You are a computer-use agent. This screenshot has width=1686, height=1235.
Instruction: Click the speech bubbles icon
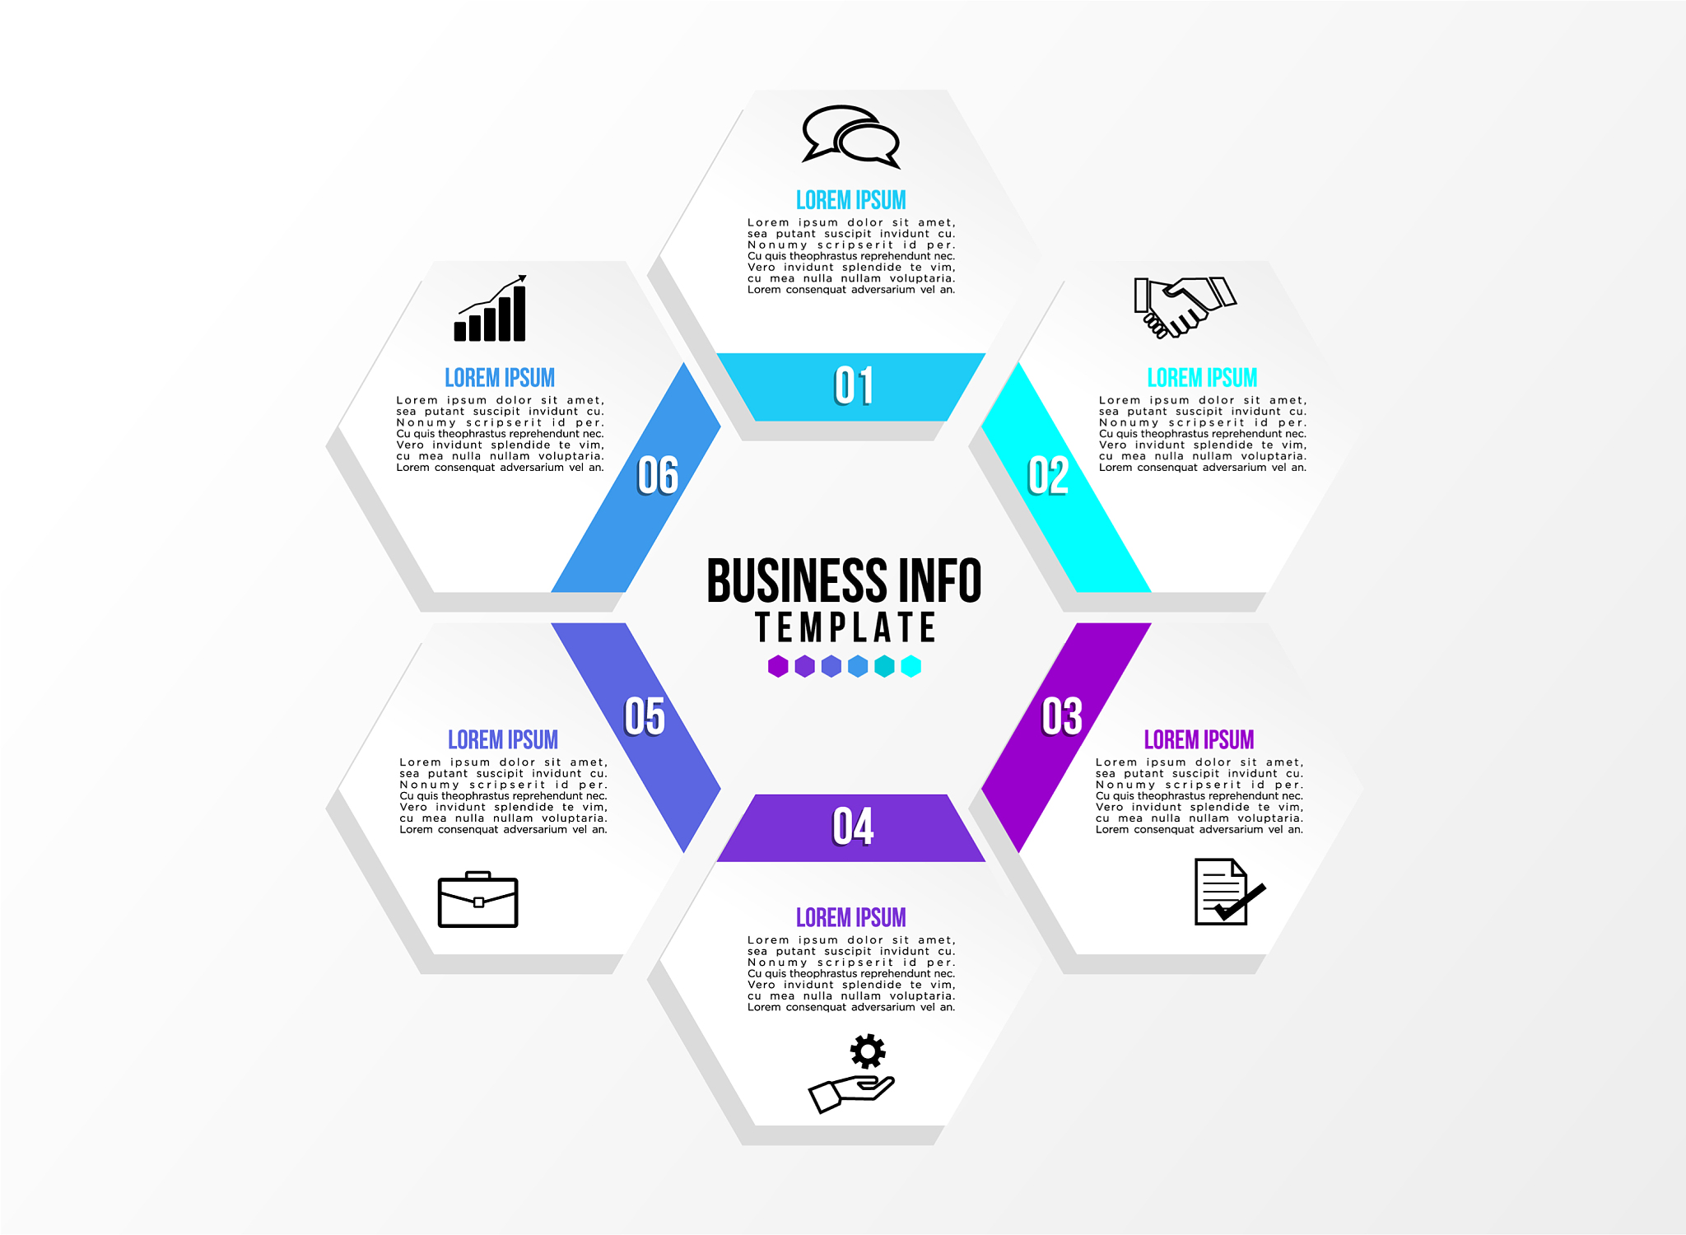[851, 136]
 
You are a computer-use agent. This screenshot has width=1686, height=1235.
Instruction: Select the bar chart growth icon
[491, 310]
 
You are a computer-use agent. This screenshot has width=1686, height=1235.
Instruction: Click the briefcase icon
[477, 900]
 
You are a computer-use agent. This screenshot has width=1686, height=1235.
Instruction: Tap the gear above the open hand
[868, 1051]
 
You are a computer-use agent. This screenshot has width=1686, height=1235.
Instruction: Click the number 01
[853, 386]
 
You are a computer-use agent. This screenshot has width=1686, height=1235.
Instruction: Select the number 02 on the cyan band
[1048, 476]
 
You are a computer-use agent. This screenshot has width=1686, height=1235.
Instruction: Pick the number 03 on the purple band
[1062, 716]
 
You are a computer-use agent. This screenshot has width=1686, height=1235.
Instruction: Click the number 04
[853, 827]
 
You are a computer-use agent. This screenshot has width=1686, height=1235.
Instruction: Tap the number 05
[645, 716]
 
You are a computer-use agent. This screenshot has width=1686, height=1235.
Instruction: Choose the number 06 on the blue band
[658, 476]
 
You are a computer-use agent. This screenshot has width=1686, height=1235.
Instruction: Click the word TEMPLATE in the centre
[845, 627]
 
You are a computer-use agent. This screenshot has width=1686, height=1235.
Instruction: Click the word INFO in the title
[940, 580]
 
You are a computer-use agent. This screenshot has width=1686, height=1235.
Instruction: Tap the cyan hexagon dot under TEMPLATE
[911, 666]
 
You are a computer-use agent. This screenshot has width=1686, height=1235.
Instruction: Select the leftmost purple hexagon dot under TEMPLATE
[778, 666]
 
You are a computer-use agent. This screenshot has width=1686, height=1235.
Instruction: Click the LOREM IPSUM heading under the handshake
[1202, 378]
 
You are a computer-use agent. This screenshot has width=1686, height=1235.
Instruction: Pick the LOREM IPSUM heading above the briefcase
[503, 739]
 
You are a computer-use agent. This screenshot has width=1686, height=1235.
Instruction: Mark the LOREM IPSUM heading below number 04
[850, 917]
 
